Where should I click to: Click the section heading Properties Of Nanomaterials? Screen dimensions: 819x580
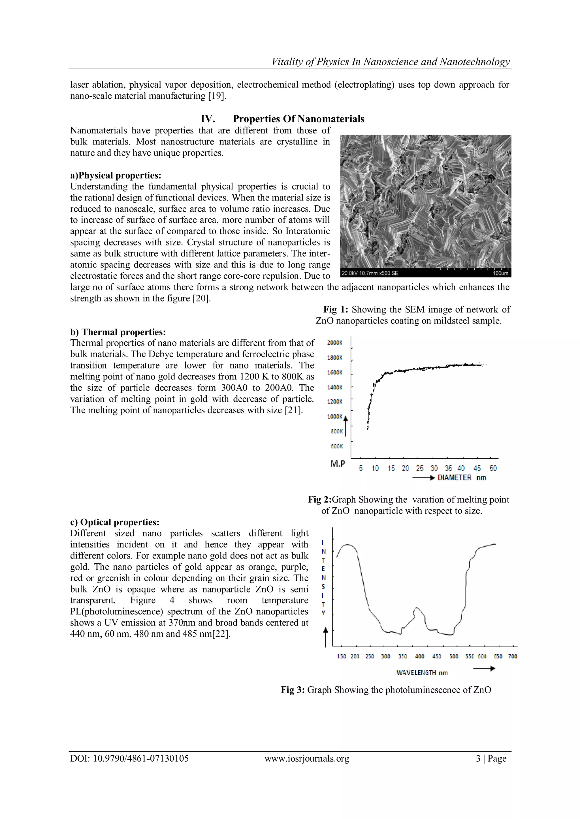(x=298, y=119)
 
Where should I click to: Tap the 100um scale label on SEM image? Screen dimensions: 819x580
(x=500, y=273)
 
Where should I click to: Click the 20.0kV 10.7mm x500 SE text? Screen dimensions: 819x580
(x=370, y=273)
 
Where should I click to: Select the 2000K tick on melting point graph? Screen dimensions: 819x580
(x=335, y=343)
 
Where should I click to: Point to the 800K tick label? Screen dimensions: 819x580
(x=336, y=431)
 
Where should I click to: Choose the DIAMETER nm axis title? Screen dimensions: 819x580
(x=462, y=478)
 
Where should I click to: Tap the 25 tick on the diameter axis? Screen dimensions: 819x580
(x=420, y=468)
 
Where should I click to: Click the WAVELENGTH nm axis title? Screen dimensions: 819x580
(x=422, y=673)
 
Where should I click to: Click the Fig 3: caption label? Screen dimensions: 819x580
(x=293, y=689)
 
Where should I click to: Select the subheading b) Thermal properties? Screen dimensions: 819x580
(x=118, y=332)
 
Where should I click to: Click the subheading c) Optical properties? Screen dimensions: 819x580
(x=115, y=522)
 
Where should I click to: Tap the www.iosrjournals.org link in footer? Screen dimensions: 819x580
(x=307, y=758)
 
